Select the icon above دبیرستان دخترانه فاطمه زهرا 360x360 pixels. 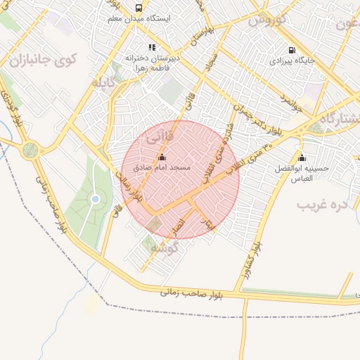(x=152, y=48)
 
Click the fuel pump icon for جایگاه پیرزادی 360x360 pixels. (x=292, y=50)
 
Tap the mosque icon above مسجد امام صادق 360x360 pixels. (x=162, y=157)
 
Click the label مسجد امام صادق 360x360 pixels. (x=162, y=169)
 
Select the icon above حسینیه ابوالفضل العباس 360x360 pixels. (x=302, y=157)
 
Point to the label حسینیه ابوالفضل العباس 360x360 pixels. (x=302, y=174)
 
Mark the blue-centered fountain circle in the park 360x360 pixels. (x=95, y=199)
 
